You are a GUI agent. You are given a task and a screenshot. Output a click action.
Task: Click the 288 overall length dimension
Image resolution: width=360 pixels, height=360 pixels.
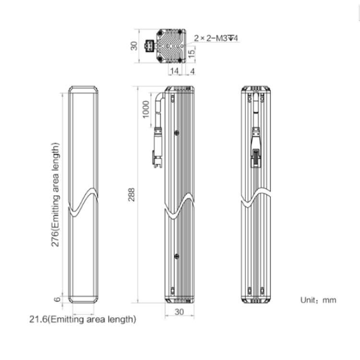click(x=132, y=195)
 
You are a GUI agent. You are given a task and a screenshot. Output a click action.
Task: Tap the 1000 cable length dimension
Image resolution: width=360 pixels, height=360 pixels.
click(x=146, y=109)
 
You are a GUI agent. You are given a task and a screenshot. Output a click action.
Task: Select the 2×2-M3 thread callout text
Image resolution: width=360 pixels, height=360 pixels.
click(x=216, y=38)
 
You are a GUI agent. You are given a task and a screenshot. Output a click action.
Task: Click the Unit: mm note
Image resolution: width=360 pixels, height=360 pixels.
click(x=318, y=300)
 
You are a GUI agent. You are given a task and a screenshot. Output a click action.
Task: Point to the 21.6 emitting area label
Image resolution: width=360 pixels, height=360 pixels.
click(x=83, y=319)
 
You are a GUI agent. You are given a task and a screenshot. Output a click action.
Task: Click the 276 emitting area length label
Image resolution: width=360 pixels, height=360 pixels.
click(x=55, y=195)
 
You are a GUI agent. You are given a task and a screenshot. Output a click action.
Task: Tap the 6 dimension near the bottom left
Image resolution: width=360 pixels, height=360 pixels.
click(x=57, y=300)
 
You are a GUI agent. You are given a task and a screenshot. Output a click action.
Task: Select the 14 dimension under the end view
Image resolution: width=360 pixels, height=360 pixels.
click(x=174, y=71)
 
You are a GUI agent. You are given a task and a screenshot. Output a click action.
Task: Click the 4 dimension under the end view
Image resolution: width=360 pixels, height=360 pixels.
click(x=192, y=71)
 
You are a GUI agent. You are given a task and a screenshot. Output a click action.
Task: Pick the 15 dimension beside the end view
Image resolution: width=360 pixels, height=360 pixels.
click(x=191, y=53)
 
